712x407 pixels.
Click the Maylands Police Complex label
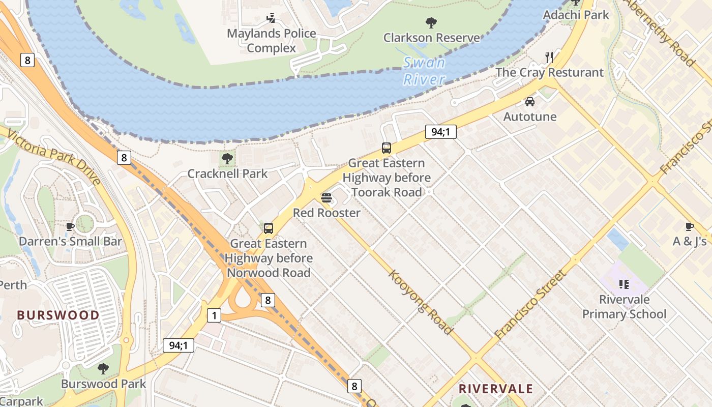[x=271, y=41]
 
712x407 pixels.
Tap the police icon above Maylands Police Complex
[x=271, y=18]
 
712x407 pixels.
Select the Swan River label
[x=424, y=71]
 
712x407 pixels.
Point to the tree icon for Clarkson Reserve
[x=431, y=22]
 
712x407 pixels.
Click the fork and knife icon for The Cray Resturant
[x=549, y=57]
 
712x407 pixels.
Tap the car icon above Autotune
[x=530, y=101]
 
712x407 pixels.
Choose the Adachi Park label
[x=576, y=15]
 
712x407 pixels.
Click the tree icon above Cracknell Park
[x=227, y=158]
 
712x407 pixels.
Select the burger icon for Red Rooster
[x=327, y=197]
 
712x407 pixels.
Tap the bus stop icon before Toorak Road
[x=387, y=148]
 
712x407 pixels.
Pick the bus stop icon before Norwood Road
[x=269, y=228]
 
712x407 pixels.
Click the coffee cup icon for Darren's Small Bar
[x=70, y=226]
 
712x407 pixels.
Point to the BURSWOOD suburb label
[x=58, y=315]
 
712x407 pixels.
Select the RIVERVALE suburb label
[x=496, y=389]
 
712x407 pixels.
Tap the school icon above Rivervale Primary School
[x=624, y=284]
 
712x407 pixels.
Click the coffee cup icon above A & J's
[x=690, y=226]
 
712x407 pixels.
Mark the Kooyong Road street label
[x=421, y=302]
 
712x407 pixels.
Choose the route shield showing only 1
[x=214, y=315]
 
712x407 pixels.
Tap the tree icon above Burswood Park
[x=103, y=368]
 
